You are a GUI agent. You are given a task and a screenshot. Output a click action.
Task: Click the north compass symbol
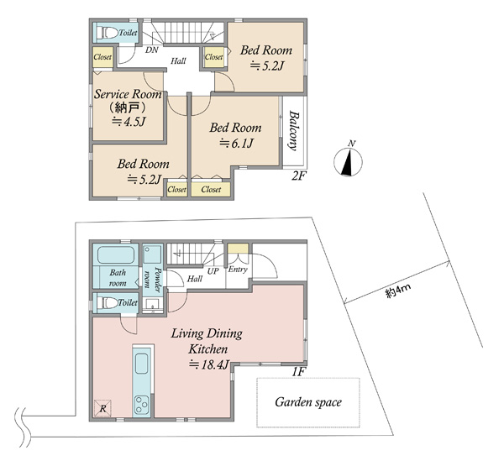pos(348,162)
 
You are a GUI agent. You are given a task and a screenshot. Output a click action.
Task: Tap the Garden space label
pos(308,402)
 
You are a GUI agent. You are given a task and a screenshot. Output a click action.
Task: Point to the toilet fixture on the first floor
pos(108,302)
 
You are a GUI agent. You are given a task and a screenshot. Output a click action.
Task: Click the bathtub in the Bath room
pos(116,254)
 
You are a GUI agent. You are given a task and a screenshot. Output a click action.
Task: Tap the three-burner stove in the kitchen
pos(142,405)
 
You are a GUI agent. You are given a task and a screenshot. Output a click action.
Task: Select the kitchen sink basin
pos(141,364)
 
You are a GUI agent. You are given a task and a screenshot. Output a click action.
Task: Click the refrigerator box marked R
pos(102,408)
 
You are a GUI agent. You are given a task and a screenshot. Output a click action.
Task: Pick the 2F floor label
pos(297,175)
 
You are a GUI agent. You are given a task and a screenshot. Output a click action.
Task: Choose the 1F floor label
pos(298,372)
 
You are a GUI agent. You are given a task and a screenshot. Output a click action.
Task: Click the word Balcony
pos(293,130)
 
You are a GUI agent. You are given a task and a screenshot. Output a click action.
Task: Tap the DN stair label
pos(151,50)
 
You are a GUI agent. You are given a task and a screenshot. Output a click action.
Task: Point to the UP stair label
pos(213,271)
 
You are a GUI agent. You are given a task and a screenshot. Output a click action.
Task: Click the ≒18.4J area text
pos(209,364)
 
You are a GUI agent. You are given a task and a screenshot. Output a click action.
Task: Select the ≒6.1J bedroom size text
pos(236,143)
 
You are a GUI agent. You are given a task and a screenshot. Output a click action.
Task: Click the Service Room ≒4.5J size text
pos(129,122)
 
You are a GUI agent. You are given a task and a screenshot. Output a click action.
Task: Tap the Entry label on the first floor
pos(238,270)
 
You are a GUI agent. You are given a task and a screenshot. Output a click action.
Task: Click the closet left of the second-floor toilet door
pos(102,57)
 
